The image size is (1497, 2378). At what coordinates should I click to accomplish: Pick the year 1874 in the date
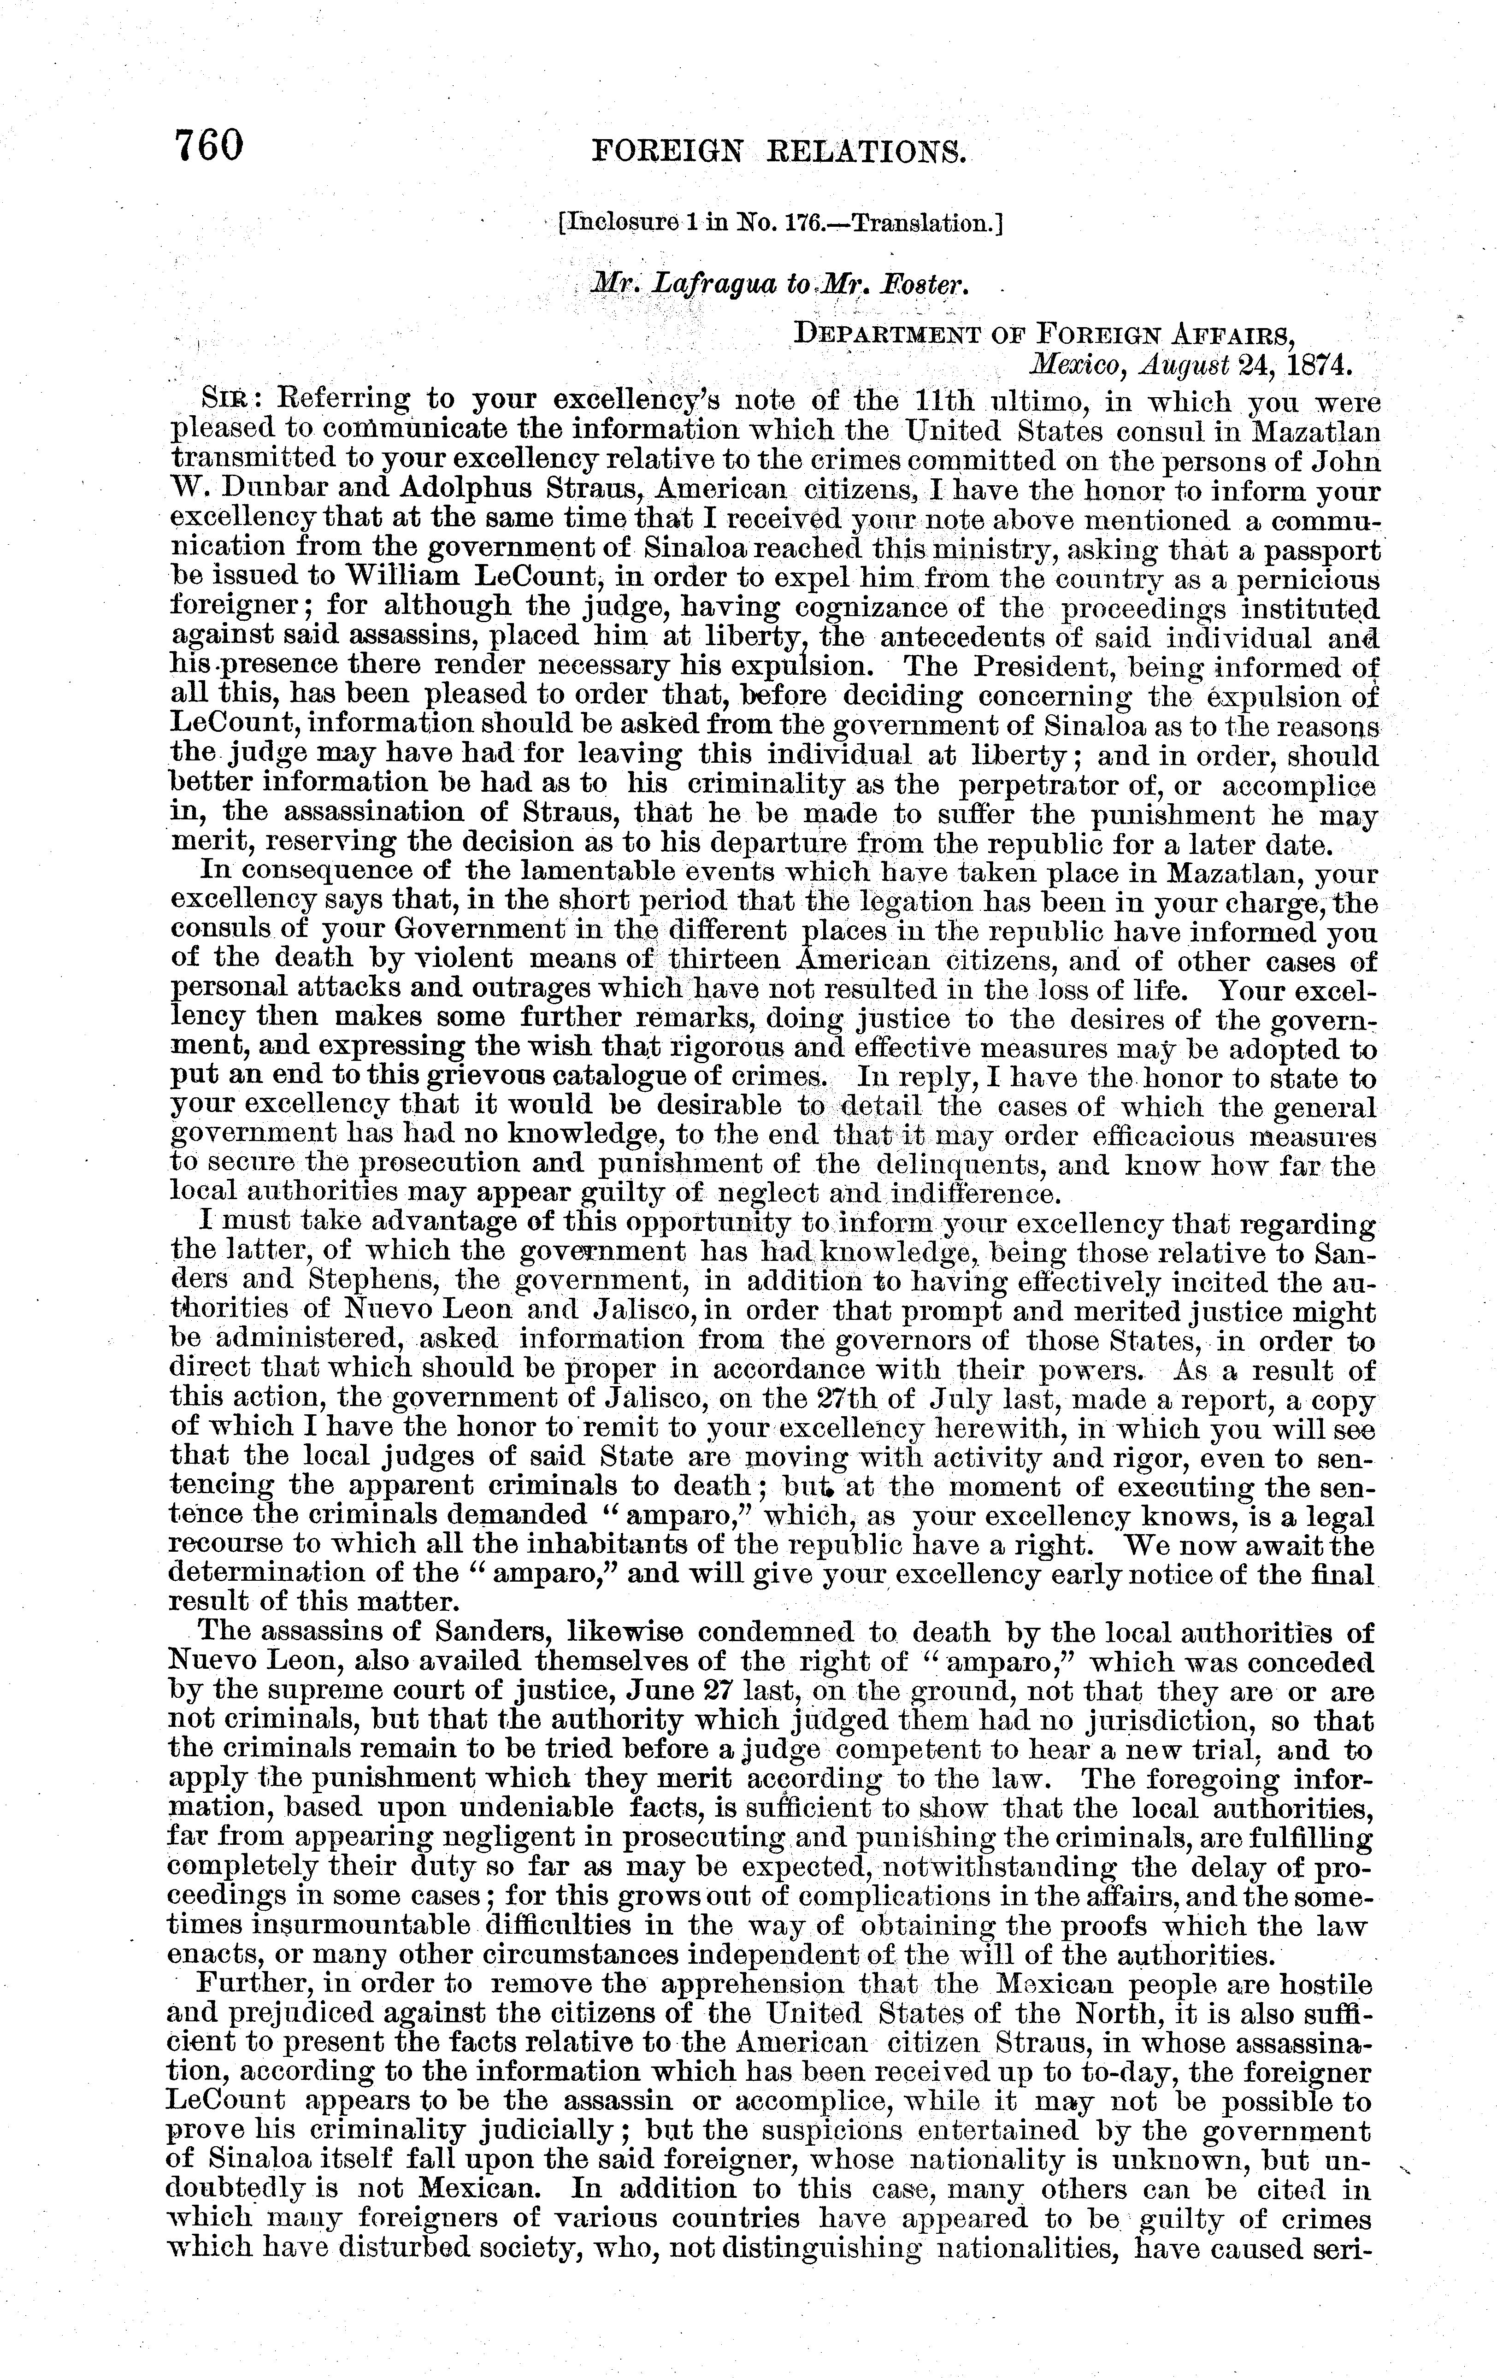click(1313, 364)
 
